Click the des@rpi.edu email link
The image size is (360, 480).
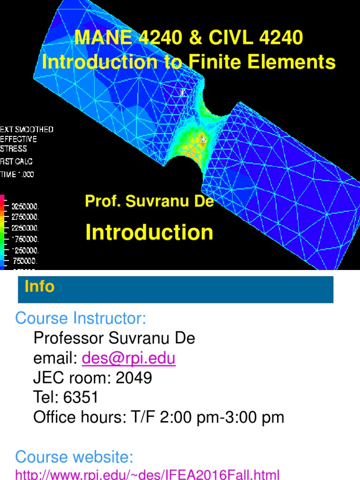[x=128, y=359]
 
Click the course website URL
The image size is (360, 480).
[x=147, y=474]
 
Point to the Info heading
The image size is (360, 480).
[x=39, y=286]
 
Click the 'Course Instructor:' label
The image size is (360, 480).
[x=81, y=319]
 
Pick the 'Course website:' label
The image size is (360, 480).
[x=75, y=456]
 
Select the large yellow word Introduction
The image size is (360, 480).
[x=149, y=232]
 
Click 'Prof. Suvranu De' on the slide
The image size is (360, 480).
[x=149, y=202]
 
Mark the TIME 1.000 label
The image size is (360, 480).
[x=17, y=174]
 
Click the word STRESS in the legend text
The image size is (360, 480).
[x=14, y=149]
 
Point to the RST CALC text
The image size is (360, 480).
[x=16, y=161]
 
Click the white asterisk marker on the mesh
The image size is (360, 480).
[x=183, y=93]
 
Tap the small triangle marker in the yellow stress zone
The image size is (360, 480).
[x=203, y=139]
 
